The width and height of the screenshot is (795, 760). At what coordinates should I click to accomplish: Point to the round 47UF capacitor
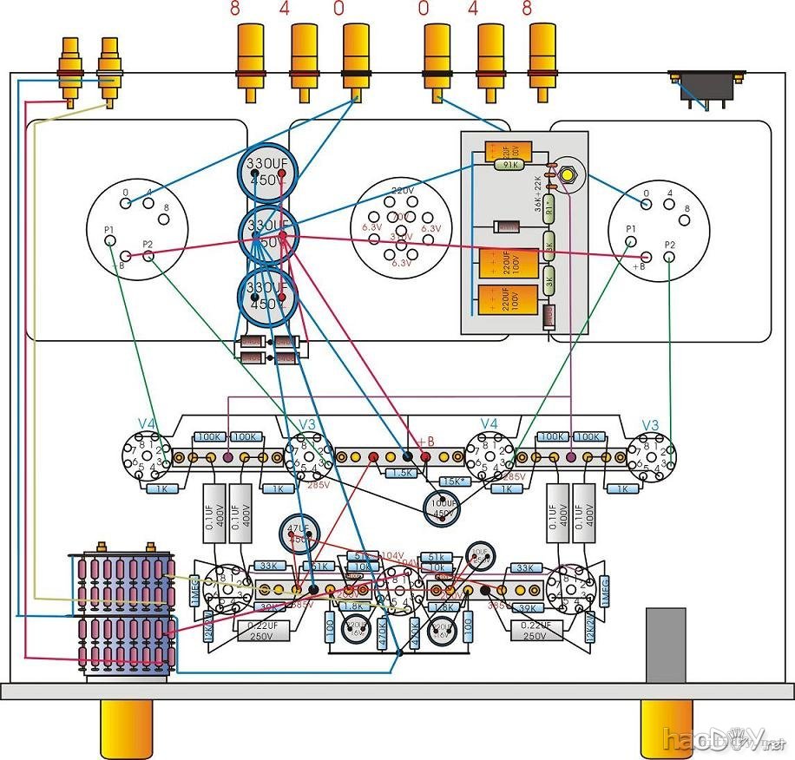click(x=298, y=533)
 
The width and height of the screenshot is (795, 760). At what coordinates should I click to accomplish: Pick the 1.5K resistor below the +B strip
click(x=400, y=474)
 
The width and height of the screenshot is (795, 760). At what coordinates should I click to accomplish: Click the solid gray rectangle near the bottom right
click(x=666, y=645)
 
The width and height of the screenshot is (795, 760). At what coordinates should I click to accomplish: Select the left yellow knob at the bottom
click(x=127, y=728)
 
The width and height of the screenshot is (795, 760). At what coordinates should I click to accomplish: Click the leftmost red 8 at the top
click(x=234, y=10)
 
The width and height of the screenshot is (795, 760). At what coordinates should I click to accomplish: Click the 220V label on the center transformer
click(x=403, y=190)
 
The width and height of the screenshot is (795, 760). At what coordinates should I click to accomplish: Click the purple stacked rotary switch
click(x=123, y=612)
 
